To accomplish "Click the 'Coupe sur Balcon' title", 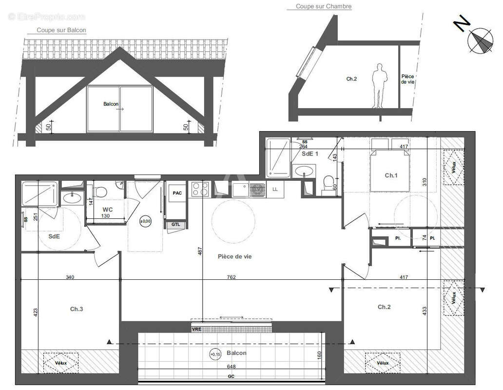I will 61,30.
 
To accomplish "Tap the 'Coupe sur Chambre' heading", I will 324,7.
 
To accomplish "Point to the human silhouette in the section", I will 379,86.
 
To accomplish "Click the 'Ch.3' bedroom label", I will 77,309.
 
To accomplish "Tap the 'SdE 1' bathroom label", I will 310,154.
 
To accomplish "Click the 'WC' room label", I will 108,210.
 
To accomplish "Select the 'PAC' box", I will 177,193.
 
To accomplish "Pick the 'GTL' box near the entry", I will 175,224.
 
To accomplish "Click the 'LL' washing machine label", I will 275,189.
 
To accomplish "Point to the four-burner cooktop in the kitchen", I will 200,189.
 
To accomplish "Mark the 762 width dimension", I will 231,277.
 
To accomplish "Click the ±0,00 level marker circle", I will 145,221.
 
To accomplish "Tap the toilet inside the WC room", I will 102,190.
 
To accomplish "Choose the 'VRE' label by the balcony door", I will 196,330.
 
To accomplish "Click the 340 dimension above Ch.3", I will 70,277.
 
